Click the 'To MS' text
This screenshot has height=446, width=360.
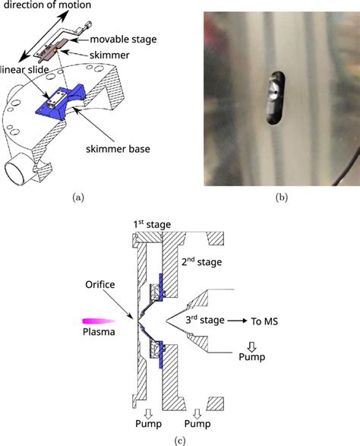coord(265,321)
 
